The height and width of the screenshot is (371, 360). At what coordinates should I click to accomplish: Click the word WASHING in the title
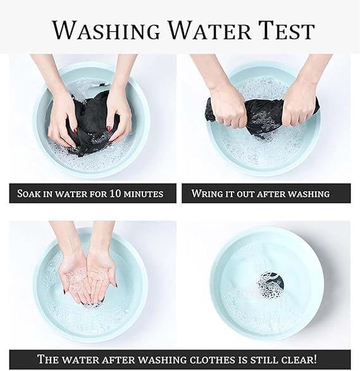click(x=106, y=30)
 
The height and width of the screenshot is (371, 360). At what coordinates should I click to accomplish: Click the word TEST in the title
click(x=285, y=30)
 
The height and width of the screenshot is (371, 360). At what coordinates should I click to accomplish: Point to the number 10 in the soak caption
click(x=115, y=193)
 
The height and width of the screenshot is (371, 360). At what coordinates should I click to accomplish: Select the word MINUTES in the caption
click(x=144, y=194)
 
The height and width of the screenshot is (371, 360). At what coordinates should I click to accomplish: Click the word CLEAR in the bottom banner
click(x=299, y=359)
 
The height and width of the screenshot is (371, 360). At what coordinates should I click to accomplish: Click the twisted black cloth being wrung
click(x=263, y=115)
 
